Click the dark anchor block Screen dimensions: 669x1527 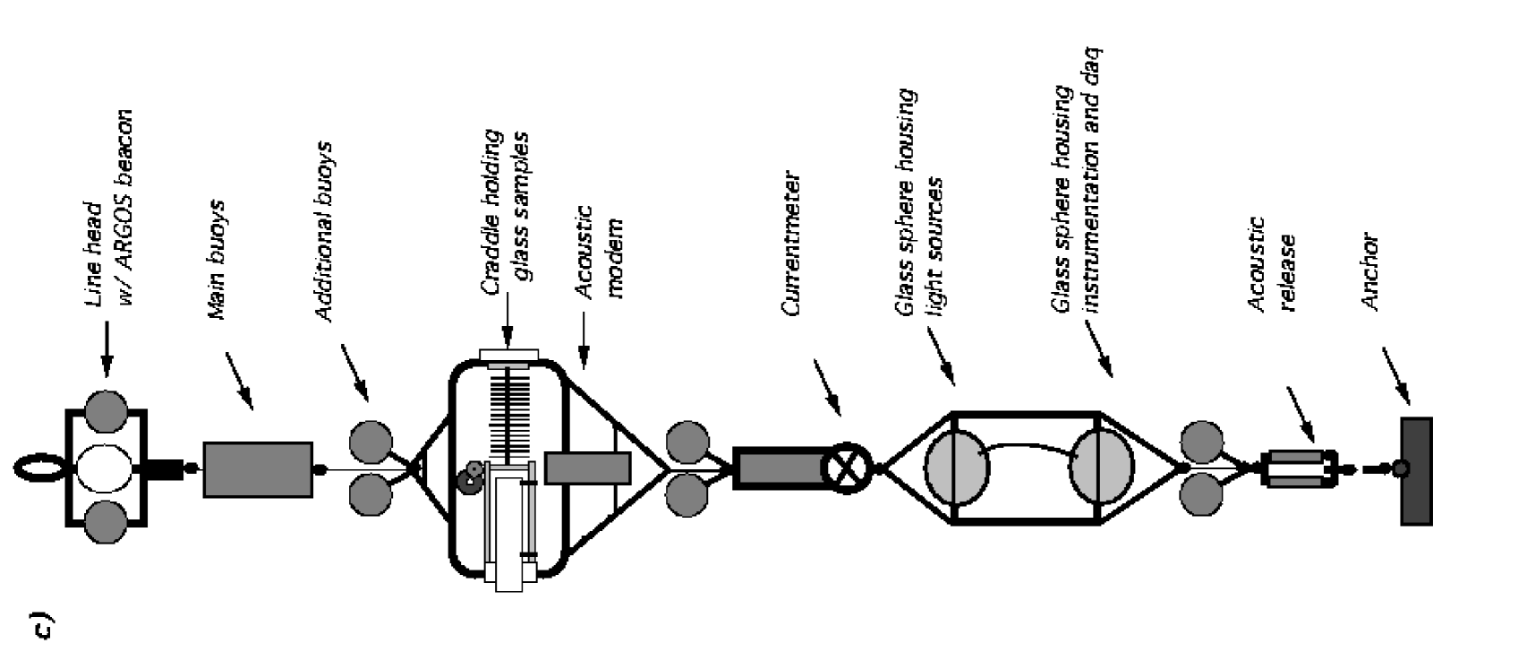1415,470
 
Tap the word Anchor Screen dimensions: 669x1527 1370,272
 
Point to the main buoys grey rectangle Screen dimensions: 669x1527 258,468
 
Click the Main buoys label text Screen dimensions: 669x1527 217,260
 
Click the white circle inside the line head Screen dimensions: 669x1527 105,468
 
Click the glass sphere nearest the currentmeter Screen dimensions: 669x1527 955,467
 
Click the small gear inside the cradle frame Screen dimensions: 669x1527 469,480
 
